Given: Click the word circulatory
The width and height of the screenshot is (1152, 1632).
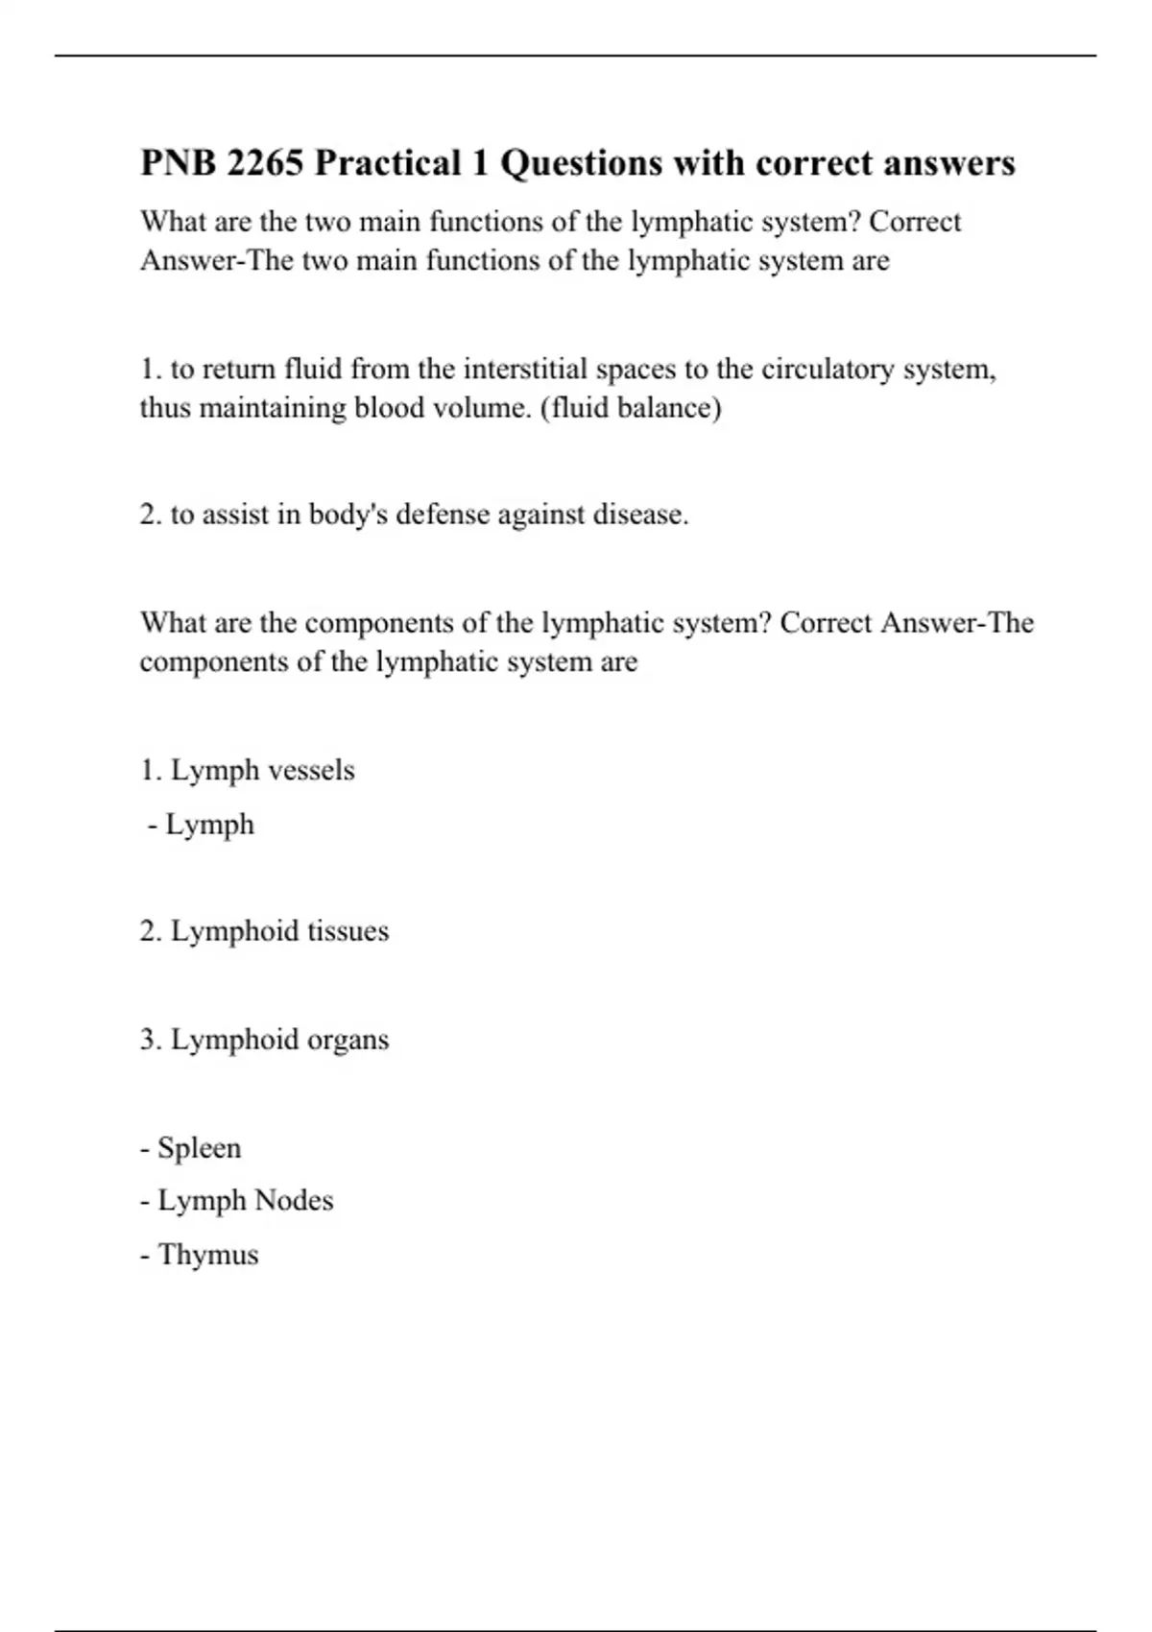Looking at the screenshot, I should pyautogui.click(x=827, y=370).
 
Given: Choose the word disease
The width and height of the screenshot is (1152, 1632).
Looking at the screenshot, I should pyautogui.click(x=639, y=515).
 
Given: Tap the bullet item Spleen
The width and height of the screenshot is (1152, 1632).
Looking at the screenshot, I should pyautogui.click(x=199, y=1148).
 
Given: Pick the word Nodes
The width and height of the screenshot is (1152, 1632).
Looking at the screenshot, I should pyautogui.click(x=294, y=1200).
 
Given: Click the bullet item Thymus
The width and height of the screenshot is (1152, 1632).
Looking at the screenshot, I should pyautogui.click(x=207, y=1255).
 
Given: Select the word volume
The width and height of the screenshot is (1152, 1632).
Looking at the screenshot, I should pyautogui.click(x=481, y=408).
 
